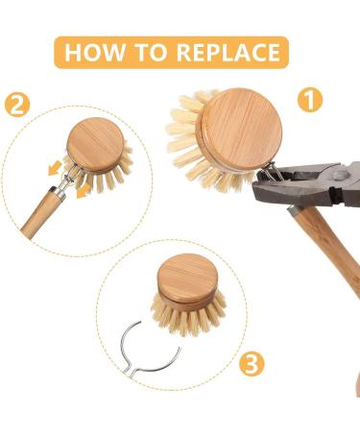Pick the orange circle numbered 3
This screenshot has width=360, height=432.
pyautogui.click(x=251, y=363)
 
